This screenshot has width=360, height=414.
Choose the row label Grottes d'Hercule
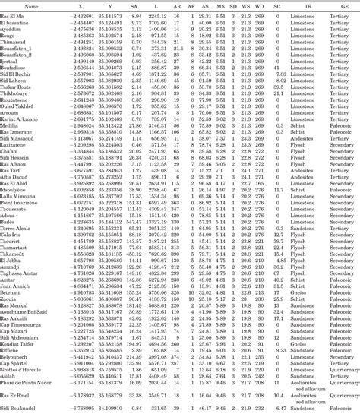pos(25,370)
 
